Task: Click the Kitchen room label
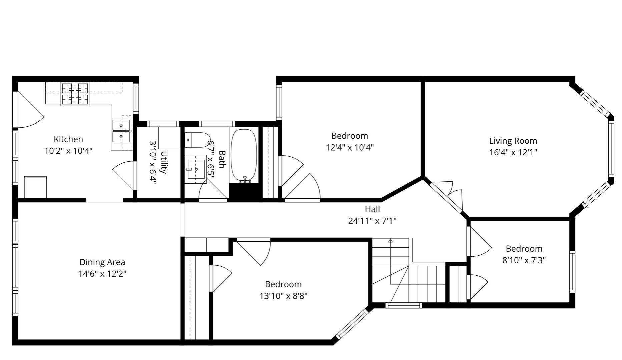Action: pos(68,139)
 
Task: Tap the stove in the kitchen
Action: pos(75,94)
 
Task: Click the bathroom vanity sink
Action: pos(195,169)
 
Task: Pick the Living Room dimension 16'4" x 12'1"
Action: pos(513,152)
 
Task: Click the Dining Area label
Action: pos(102,262)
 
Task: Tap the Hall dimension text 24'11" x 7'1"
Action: pos(372,221)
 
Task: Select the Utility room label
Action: pos(164,162)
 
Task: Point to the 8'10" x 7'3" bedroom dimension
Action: pos(524,260)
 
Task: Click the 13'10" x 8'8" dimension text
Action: pos(283,296)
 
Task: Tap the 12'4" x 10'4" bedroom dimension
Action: pos(350,147)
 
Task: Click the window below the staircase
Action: pos(404,305)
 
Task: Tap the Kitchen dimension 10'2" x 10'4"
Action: pos(68,151)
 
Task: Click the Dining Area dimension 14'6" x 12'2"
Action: pos(102,274)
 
